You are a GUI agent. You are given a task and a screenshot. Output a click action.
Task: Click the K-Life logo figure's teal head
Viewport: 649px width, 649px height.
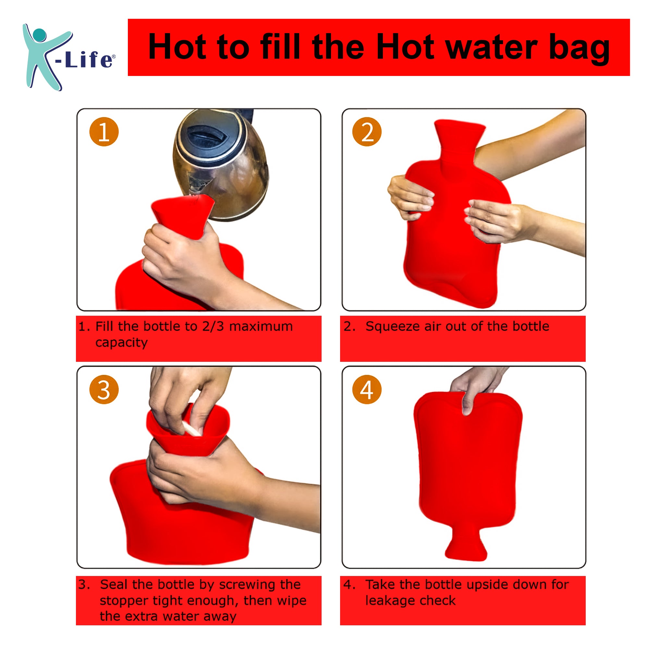(40, 35)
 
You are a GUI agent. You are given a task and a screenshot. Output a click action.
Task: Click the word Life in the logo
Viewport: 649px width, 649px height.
(89, 60)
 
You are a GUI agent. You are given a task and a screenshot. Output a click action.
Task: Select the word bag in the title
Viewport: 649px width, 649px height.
(579, 48)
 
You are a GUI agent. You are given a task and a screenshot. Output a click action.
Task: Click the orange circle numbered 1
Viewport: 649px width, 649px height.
(104, 132)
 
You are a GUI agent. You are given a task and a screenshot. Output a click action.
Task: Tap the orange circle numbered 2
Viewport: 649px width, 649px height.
(366, 132)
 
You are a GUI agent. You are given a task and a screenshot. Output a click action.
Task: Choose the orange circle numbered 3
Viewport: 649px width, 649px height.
(104, 389)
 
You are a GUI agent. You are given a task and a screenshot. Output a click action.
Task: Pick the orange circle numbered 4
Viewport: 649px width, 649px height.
(366, 389)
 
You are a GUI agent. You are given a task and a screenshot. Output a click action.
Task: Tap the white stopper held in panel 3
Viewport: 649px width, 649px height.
(191, 429)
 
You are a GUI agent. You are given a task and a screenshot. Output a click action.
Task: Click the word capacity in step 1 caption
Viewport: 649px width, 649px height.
(121, 343)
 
